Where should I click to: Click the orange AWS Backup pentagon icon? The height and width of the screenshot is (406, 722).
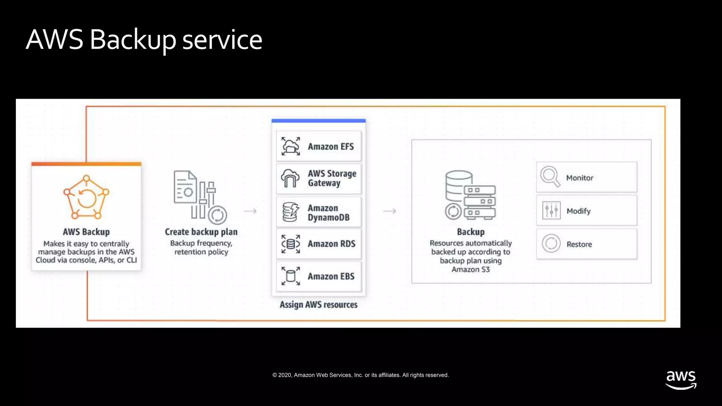(86, 197)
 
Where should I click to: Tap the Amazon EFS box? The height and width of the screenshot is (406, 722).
(319, 146)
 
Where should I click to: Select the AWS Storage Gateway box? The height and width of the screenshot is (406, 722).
(319, 178)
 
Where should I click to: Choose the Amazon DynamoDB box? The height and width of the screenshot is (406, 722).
(319, 212)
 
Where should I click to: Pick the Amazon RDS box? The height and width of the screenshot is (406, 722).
(319, 244)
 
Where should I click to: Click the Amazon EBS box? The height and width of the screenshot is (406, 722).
(319, 276)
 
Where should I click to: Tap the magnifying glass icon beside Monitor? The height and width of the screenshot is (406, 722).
(550, 177)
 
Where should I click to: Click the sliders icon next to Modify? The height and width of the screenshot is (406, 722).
(551, 211)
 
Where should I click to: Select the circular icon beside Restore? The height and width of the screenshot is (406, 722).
(551, 244)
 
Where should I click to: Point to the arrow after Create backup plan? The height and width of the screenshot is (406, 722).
(250, 211)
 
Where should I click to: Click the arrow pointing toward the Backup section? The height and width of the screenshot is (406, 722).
(390, 211)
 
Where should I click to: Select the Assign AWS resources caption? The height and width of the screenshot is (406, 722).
(318, 304)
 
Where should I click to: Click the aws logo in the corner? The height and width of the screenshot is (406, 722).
(681, 380)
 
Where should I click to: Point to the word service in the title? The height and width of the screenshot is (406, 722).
(222, 39)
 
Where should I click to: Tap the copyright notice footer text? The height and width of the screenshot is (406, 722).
(361, 375)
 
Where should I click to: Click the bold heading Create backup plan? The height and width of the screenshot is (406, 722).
(201, 232)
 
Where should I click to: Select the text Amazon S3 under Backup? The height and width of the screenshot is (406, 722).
(471, 270)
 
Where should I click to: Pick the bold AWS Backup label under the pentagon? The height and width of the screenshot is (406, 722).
(86, 232)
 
